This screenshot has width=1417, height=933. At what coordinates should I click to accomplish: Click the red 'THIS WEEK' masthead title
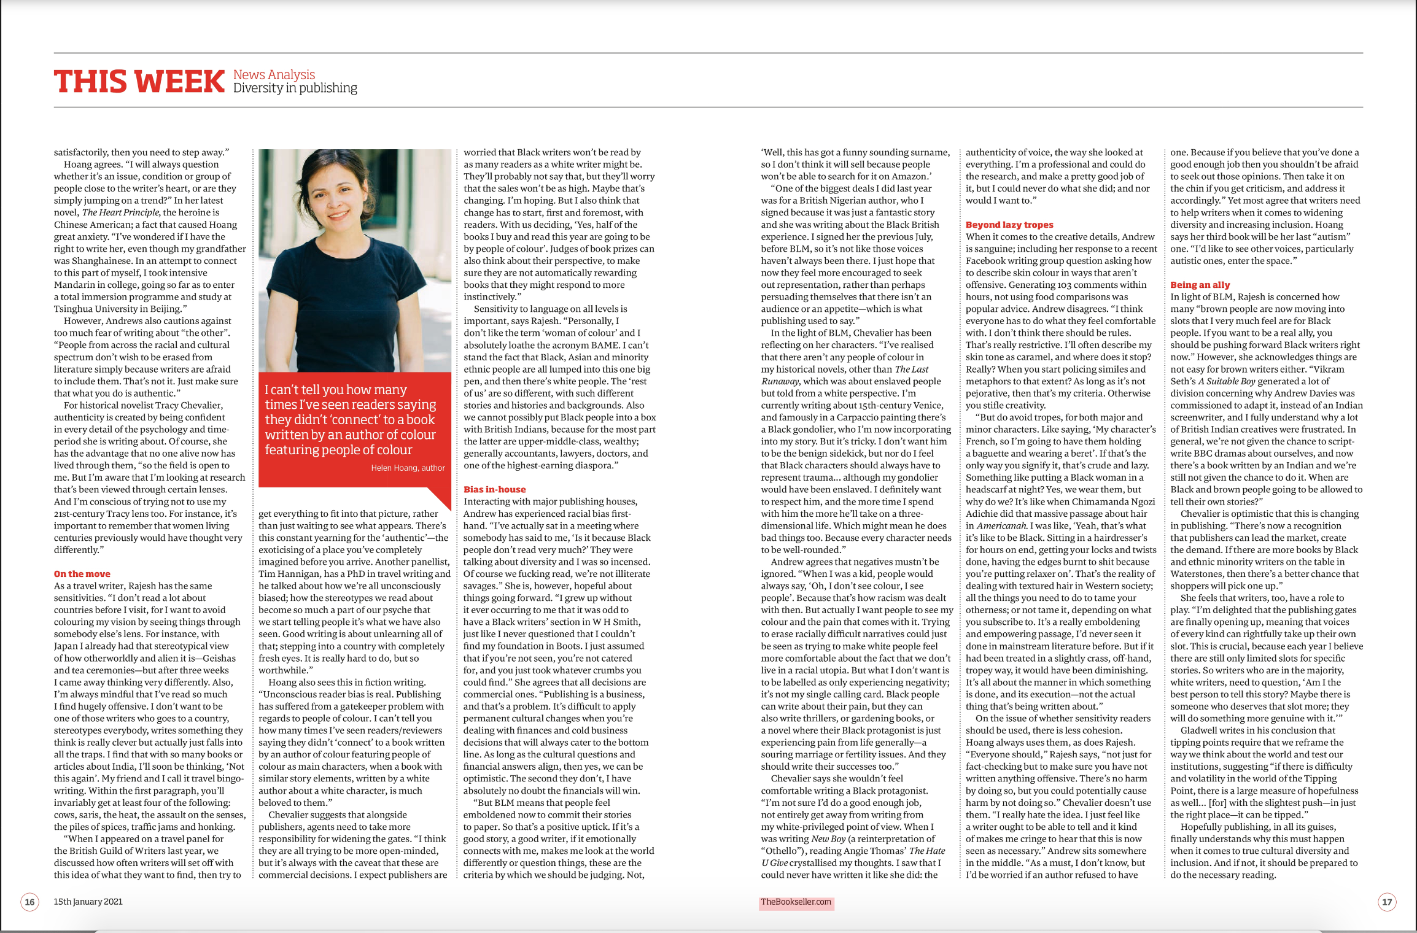click(139, 82)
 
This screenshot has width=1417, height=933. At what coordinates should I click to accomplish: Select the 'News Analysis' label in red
click(274, 74)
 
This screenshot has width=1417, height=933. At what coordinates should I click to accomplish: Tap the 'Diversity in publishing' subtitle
click(295, 88)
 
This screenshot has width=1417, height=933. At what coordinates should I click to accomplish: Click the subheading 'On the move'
click(82, 574)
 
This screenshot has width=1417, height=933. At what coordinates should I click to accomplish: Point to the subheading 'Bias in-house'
click(494, 489)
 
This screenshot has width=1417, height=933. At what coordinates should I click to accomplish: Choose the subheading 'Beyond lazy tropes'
click(1009, 225)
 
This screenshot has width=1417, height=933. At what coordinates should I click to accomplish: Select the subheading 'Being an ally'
click(1200, 285)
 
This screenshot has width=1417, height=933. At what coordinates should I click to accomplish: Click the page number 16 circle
click(29, 902)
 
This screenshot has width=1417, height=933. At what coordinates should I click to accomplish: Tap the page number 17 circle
click(1387, 902)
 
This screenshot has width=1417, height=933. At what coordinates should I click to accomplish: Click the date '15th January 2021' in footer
click(88, 902)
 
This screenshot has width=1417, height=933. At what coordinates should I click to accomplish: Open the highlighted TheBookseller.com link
click(796, 902)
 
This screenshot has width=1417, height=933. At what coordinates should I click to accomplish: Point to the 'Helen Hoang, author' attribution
click(408, 468)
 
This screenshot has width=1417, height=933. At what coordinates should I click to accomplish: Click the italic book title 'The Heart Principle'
click(120, 212)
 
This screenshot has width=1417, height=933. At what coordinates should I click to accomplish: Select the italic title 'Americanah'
click(1001, 526)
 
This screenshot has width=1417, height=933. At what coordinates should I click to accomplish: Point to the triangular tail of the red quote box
click(441, 497)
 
